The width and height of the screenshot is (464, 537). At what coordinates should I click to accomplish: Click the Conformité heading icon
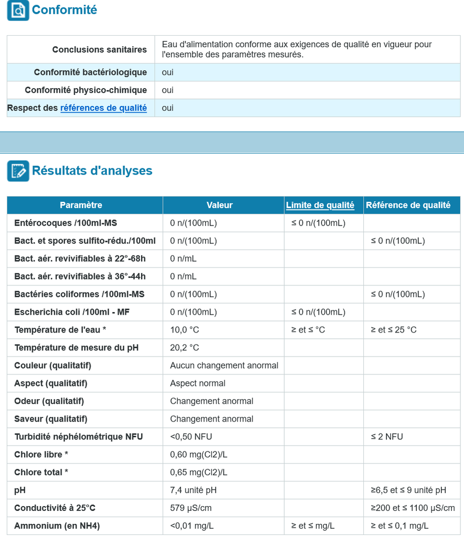18,10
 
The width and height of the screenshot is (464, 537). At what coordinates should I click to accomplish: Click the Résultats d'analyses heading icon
18,171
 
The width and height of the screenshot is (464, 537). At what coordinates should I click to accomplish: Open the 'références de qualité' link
103,108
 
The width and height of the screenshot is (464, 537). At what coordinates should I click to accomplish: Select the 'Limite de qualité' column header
320,205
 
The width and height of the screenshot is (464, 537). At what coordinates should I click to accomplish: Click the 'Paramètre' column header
81,205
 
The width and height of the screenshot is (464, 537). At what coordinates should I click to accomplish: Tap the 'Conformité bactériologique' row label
90,72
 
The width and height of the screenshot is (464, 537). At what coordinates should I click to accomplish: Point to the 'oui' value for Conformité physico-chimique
168,90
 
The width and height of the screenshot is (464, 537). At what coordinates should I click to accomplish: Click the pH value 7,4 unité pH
193,490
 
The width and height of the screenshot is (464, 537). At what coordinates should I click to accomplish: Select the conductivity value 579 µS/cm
191,508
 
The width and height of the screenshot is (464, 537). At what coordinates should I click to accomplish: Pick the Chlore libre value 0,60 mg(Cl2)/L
199,455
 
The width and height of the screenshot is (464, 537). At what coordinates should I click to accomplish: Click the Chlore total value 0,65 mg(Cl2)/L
199,472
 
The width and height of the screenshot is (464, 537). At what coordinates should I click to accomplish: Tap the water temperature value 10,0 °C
185,330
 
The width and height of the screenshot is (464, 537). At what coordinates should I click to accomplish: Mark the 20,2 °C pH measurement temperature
185,348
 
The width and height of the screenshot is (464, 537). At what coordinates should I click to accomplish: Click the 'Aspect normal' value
198,383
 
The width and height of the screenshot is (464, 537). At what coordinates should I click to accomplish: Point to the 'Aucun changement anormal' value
224,366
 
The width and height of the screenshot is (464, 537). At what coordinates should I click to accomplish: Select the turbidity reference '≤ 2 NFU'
387,437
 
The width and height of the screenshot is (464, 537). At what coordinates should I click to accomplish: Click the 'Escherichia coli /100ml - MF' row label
72,312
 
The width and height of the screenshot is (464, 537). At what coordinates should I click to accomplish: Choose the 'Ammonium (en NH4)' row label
57,526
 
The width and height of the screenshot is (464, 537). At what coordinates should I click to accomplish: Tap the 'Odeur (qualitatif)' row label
49,401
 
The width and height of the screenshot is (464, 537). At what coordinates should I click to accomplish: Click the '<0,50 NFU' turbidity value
191,437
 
